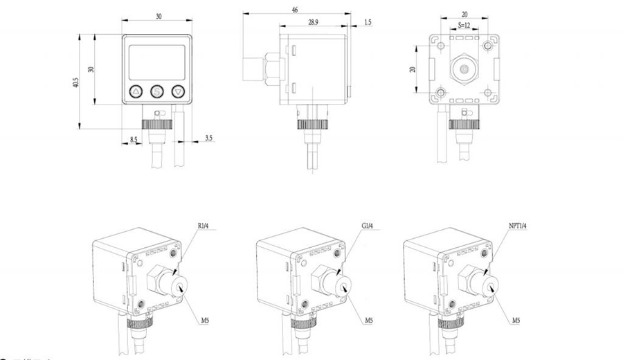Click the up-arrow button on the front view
pos(136,91)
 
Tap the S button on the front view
pos(157,91)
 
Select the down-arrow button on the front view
pos(179,91)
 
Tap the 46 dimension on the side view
pos(295,11)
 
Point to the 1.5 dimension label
pos(367,24)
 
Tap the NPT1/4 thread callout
pos(517,224)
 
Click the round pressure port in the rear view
pos(464,69)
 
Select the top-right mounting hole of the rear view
pos(489,46)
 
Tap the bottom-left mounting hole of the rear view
pos(440,93)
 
